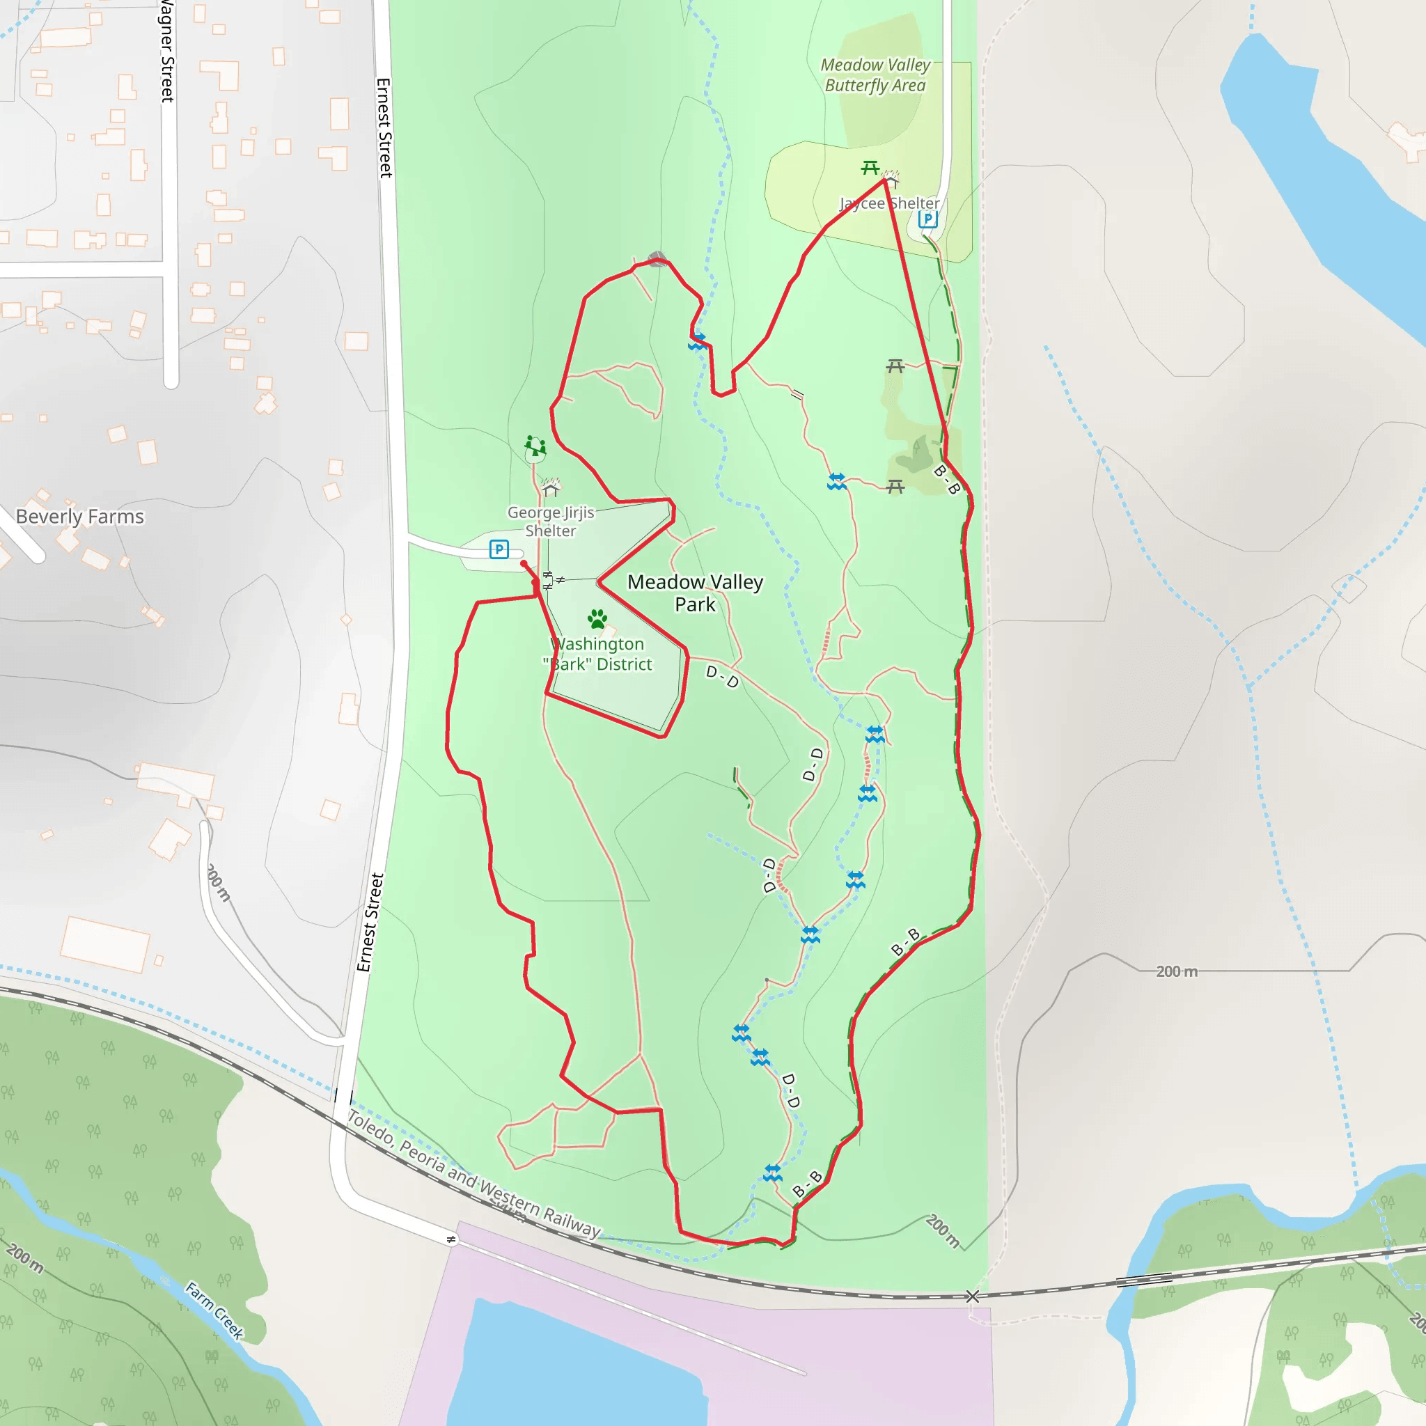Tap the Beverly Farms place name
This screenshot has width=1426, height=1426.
79,516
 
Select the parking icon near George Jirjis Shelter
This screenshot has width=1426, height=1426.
499,549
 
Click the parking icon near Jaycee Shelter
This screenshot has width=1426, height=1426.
927,219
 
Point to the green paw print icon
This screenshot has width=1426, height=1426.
597,618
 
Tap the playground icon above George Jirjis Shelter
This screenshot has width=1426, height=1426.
535,446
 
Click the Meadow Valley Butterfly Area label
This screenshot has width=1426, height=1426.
875,75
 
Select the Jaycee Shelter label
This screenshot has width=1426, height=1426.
889,203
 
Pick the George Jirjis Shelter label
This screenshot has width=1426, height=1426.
551,521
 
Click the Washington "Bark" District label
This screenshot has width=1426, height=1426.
599,654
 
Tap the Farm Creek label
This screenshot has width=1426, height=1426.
214,1310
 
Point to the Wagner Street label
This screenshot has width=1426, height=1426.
168,52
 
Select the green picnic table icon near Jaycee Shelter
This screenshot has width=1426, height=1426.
870,169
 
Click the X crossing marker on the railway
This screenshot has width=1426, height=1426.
972,1296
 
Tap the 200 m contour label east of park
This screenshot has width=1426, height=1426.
1177,971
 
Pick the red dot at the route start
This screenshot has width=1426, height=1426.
524,564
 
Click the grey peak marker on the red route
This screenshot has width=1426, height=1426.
657,258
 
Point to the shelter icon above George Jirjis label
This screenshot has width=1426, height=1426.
551,487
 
